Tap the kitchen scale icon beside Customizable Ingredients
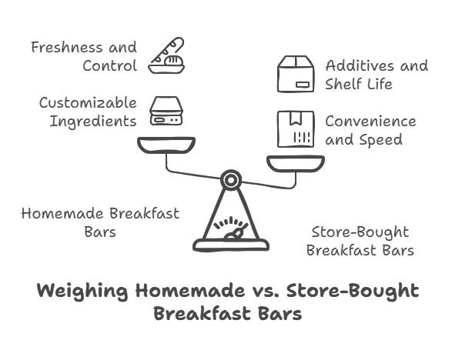coord(166,112)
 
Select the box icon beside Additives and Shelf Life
coord(296,75)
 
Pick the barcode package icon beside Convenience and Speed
coord(296,130)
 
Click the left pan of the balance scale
coord(166,144)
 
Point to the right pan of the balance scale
coord(296,162)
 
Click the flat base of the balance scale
coord(231,246)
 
